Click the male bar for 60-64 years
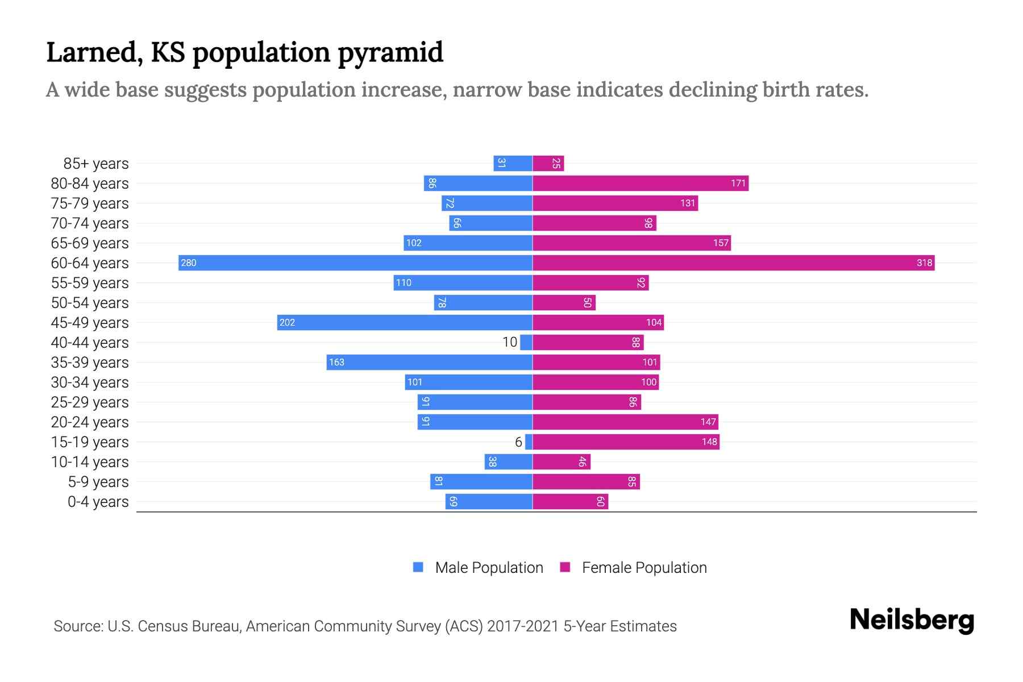coord(355,263)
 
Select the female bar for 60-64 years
coord(733,263)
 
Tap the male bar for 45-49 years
coord(405,322)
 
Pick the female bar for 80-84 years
coord(641,183)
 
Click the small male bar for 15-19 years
coord(529,442)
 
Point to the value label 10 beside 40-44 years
coord(510,342)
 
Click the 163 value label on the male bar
coord(336,362)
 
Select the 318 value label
coord(924,263)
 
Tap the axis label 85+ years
coord(96,164)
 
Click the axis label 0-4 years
coord(98,502)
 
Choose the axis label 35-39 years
coord(90,363)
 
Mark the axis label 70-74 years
coord(90,223)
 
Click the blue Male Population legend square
coord(418,567)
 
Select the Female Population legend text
coord(644,567)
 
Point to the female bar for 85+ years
coord(548,163)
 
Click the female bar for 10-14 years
coord(562,461)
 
